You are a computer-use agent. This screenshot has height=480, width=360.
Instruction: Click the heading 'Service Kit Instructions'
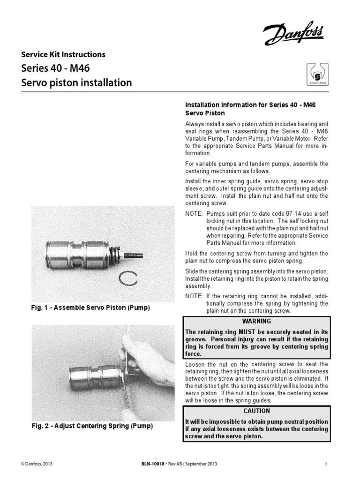coord(63,54)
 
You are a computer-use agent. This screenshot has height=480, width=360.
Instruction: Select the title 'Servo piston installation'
coord(76,83)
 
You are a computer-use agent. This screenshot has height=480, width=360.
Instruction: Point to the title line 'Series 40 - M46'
coord(55,68)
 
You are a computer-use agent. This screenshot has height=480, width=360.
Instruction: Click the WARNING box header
coord(256,321)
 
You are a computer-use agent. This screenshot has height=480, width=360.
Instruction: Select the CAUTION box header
coord(256,411)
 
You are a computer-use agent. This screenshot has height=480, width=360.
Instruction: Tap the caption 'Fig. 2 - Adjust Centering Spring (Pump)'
coord(92,427)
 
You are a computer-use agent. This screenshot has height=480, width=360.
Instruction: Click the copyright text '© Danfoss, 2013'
coord(37,464)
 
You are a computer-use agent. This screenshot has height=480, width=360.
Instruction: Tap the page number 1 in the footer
coord(325,464)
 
